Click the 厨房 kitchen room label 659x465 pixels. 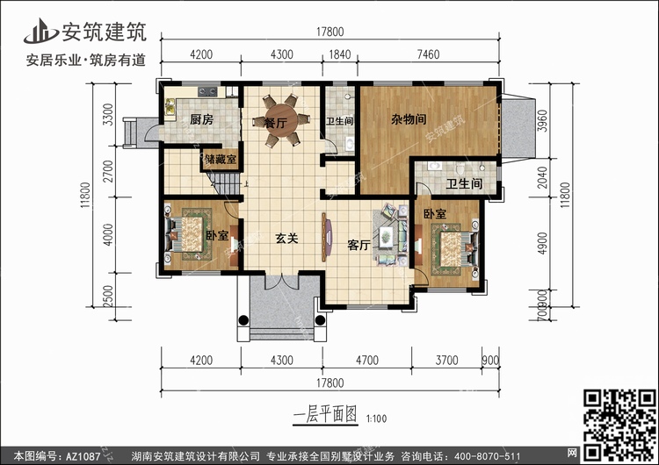201,121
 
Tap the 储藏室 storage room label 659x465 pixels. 220,160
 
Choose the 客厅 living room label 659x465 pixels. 358,245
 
